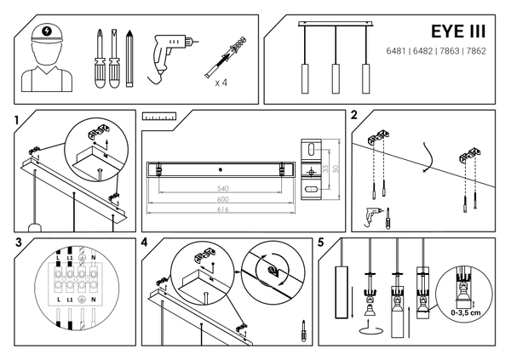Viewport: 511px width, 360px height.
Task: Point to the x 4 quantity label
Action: click(x=221, y=83)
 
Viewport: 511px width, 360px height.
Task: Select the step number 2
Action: click(x=353, y=115)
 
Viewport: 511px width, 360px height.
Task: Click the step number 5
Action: click(x=320, y=243)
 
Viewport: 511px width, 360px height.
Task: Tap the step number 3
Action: click(x=18, y=243)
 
